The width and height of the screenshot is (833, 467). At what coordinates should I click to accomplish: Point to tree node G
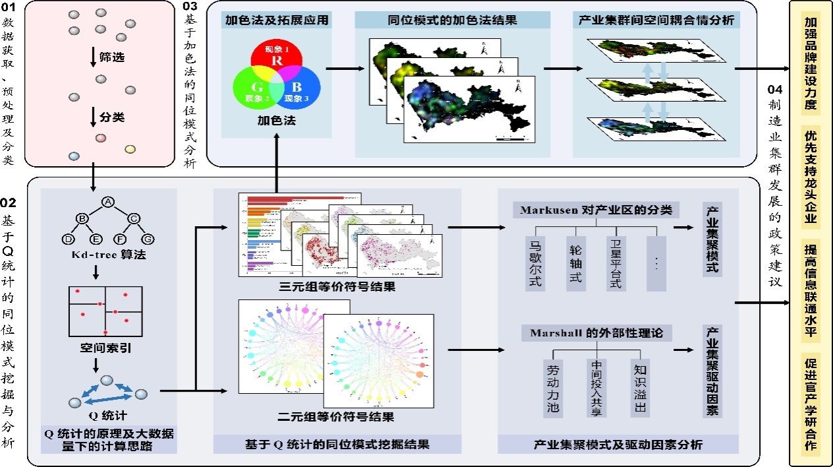149,238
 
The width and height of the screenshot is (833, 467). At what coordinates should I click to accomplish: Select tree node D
67,238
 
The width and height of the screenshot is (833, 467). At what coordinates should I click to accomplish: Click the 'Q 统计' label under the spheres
107,416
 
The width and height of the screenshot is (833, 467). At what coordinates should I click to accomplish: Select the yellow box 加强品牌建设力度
811,63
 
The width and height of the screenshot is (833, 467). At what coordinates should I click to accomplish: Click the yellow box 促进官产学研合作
811,404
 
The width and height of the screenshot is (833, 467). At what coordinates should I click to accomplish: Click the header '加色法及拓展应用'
275,20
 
